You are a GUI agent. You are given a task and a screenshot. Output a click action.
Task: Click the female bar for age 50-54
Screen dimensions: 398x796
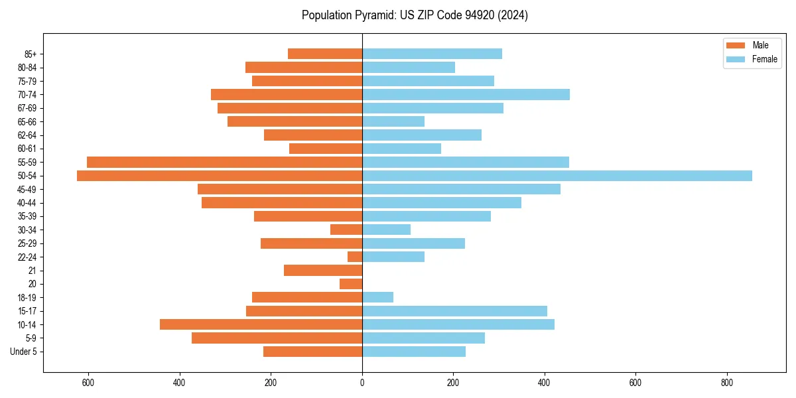pyautogui.click(x=557, y=176)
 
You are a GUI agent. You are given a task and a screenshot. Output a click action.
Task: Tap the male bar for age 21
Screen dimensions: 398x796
pyautogui.click(x=323, y=271)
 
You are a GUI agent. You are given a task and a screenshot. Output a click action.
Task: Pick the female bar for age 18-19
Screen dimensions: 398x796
pyautogui.click(x=377, y=297)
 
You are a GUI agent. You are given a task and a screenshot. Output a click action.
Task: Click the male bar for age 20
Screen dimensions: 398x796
pyautogui.click(x=351, y=284)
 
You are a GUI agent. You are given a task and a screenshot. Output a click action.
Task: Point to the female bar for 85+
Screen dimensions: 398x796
pyautogui.click(x=432, y=54)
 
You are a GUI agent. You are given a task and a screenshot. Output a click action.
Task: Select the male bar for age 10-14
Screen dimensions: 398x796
pyautogui.click(x=261, y=324)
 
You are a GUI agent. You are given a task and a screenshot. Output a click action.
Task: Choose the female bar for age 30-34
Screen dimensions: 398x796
pyautogui.click(x=386, y=230)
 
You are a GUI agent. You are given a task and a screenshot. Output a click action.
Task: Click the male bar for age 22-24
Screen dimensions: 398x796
pyautogui.click(x=355, y=257)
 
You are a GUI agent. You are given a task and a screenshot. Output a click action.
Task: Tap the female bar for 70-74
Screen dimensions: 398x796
pyautogui.click(x=466, y=94)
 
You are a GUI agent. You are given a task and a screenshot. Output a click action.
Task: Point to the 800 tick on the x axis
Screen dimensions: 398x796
pyautogui.click(x=727, y=383)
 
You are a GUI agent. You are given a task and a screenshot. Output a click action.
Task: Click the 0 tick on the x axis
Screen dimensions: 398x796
pyautogui.click(x=362, y=383)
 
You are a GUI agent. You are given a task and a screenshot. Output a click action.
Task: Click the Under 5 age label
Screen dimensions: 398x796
pyautogui.click(x=24, y=352)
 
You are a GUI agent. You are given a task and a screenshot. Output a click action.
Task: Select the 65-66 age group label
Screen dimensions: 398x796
pyautogui.click(x=27, y=121)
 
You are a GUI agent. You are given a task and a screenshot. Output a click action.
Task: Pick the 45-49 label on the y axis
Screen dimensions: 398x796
pyautogui.click(x=27, y=189)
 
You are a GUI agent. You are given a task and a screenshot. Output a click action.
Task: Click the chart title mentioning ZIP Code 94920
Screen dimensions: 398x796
pyautogui.click(x=415, y=15)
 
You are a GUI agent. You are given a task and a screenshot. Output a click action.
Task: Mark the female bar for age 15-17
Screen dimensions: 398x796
pyautogui.click(x=454, y=311)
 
